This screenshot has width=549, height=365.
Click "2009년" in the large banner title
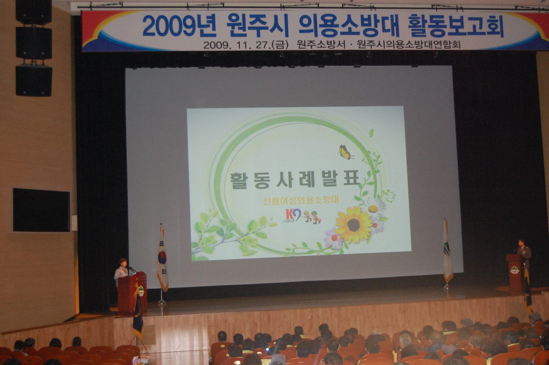[x=170, y=26]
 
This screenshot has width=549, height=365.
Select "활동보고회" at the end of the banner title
[x=455, y=25]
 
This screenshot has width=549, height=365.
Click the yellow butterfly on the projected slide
[x=345, y=152]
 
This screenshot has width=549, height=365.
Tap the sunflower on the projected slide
[x=353, y=225]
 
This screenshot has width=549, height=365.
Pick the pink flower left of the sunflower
[x=333, y=239]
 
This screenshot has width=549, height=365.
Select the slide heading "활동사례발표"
[x=295, y=179]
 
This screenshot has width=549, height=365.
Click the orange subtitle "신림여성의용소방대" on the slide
[x=300, y=199]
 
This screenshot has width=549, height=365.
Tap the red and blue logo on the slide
[x=293, y=215]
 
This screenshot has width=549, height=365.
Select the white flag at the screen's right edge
[x=447, y=252]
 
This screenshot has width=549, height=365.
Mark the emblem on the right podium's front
[x=514, y=269]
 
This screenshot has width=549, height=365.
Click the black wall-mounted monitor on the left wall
[x=41, y=210]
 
